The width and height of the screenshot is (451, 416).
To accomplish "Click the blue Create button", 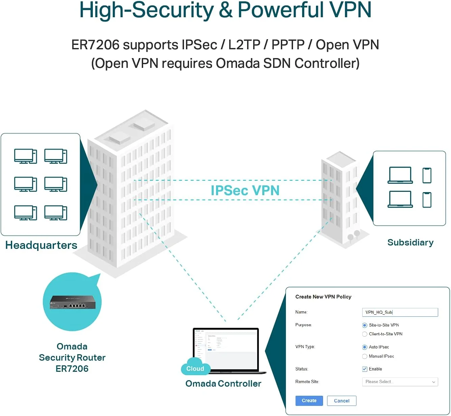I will click(309, 400).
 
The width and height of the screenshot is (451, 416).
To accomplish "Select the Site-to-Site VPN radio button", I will click(365, 325).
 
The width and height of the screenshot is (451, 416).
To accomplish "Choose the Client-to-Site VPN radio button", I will click(365, 334).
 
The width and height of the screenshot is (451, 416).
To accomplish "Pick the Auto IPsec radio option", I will click(365, 347).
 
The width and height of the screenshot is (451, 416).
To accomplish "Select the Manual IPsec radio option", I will click(365, 356).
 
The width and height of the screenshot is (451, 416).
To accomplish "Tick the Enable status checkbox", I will click(365, 369).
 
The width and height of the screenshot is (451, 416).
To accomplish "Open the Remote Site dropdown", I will click(400, 382).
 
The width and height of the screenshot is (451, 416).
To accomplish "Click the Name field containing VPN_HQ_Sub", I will click(400, 312).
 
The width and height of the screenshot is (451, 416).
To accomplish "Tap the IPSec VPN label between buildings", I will click(245, 190).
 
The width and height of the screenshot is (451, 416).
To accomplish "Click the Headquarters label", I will click(41, 245).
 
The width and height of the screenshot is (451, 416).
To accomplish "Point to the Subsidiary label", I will click(410, 242).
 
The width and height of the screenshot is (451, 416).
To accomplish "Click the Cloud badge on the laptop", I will click(195, 368).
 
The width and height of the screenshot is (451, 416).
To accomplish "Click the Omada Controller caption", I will click(223, 384).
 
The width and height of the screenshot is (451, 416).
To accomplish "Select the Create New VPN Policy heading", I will click(323, 297).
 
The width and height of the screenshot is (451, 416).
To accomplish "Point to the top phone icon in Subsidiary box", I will click(427, 175).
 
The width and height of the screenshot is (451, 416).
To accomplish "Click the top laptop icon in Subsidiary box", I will click(400, 175).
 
